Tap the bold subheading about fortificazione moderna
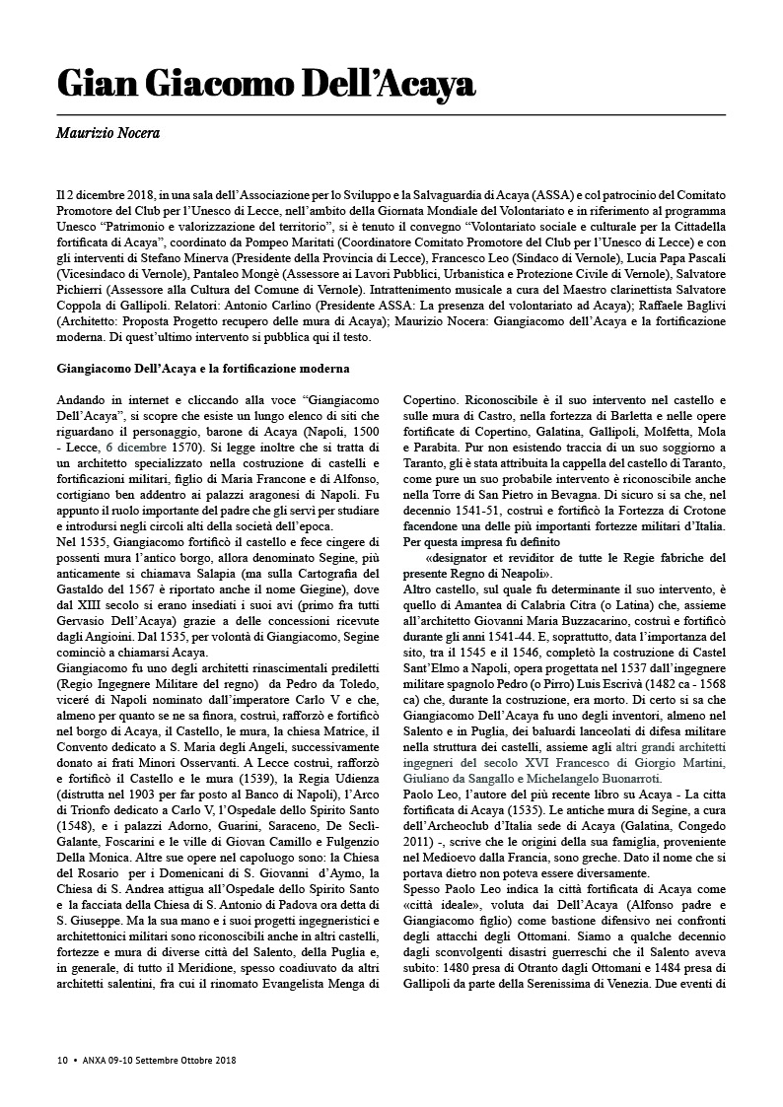point(202,370)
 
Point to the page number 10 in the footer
point(62,1061)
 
